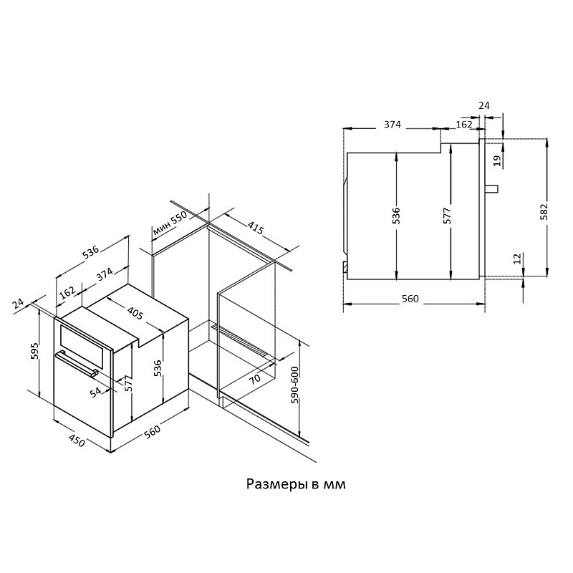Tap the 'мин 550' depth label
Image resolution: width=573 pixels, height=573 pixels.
click(170, 224)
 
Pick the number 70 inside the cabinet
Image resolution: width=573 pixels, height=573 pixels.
click(255, 378)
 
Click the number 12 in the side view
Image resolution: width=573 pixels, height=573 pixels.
click(517, 258)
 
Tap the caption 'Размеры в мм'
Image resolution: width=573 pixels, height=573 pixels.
click(296, 484)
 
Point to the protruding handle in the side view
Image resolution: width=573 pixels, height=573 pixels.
click(492, 188)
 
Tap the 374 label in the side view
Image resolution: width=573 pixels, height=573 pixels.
click(391, 124)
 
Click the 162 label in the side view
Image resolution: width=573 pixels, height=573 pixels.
click(463, 124)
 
